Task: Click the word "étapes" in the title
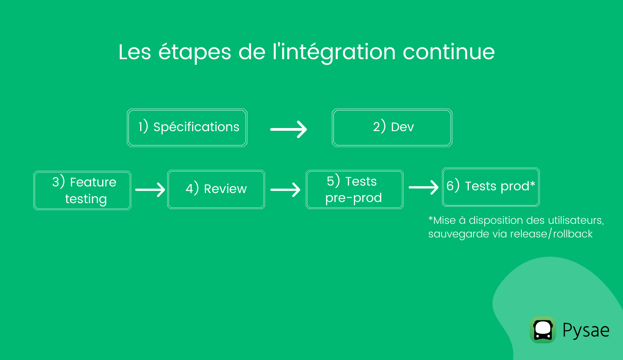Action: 195,52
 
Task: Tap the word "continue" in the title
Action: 449,52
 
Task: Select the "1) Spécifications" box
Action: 187,128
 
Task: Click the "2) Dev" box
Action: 392,128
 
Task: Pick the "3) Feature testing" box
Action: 83,190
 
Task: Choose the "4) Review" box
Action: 216,189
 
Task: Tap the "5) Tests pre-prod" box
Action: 355,190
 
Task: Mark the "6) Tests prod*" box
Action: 491,187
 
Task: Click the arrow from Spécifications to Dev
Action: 289,129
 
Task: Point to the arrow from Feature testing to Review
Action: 150,190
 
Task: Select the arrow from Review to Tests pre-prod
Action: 285,190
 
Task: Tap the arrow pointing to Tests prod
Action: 424,188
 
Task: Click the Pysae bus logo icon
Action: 543,330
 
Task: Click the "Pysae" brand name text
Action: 586,331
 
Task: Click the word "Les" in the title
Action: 135,52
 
